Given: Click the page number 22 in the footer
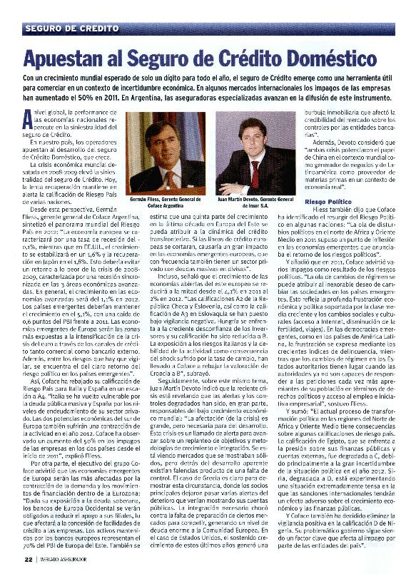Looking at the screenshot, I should pyautogui.click(x=28, y=559).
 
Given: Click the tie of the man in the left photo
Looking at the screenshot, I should pyautogui.click(x=162, y=171).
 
